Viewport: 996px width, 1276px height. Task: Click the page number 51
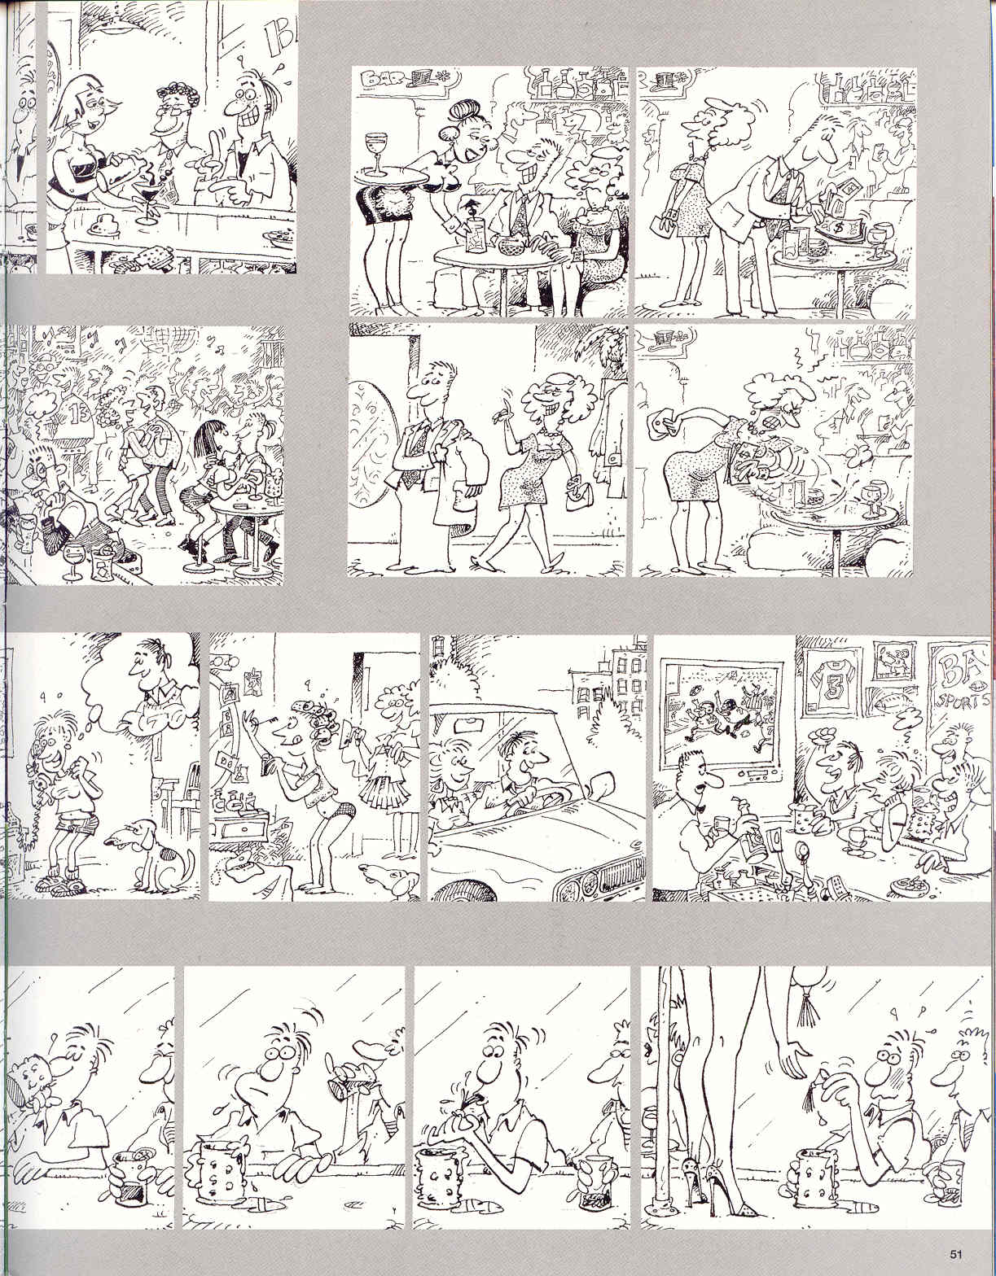[x=956, y=1252]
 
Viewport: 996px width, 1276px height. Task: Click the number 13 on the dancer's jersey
[x=76, y=410]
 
